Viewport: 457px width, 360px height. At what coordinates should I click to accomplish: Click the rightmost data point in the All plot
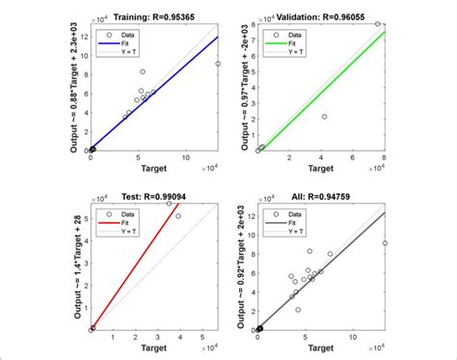click(x=385, y=243)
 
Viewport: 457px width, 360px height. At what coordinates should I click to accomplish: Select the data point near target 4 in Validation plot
click(x=324, y=117)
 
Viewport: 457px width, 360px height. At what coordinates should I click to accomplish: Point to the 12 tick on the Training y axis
click(x=83, y=36)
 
